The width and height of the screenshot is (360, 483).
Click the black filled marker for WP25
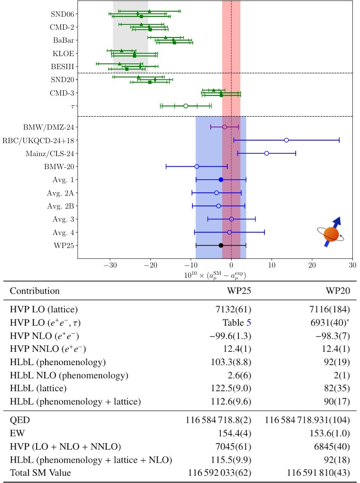coord(221,245)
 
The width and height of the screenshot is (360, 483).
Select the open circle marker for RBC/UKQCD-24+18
coord(286,140)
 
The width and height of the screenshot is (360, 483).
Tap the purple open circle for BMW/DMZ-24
coord(225,127)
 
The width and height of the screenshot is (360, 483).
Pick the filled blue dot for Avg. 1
coord(221,179)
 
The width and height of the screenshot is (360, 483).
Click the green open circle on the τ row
coord(186,106)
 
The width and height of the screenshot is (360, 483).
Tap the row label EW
coord(16,433)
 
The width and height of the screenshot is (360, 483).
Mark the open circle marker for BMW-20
coord(197,166)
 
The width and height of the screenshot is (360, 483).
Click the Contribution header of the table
coord(35,291)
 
